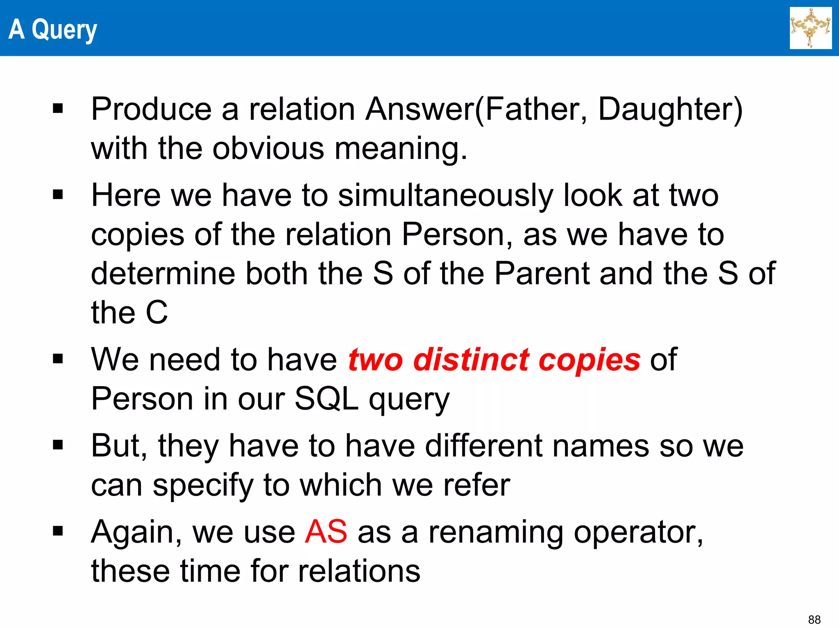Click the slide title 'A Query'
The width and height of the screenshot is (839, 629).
click(52, 29)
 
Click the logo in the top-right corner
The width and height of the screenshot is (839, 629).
click(810, 28)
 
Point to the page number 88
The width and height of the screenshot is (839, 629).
click(814, 620)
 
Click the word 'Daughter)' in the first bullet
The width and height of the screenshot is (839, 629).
click(670, 110)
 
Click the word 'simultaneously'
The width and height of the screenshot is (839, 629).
click(446, 196)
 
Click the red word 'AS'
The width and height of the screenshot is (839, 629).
click(326, 532)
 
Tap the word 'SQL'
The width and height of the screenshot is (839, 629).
click(327, 399)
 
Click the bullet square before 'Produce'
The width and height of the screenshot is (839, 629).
click(58, 109)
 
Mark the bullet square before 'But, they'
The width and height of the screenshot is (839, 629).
click(58, 445)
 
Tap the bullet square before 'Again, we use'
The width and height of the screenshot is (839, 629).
click(58, 531)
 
